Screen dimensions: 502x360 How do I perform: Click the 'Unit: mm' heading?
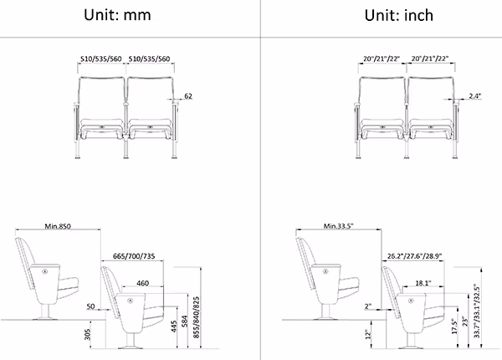pyautogui.click(x=117, y=15)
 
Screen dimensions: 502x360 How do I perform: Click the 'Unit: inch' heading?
pyautogui.click(x=399, y=15)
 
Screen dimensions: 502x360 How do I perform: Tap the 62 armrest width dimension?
pyautogui.click(x=188, y=95)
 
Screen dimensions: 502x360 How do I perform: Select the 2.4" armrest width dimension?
pyautogui.click(x=474, y=95)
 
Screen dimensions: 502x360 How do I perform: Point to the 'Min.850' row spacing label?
pyautogui.click(x=58, y=226)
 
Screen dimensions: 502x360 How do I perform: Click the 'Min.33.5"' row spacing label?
pyautogui.click(x=338, y=226)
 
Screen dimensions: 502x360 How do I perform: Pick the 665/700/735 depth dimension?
pyautogui.click(x=134, y=256)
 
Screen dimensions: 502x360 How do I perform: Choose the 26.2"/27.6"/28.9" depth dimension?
pyautogui.click(x=415, y=256)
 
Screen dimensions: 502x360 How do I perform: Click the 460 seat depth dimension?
pyautogui.click(x=142, y=283)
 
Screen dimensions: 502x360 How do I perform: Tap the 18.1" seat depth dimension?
pyautogui.click(x=423, y=283)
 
